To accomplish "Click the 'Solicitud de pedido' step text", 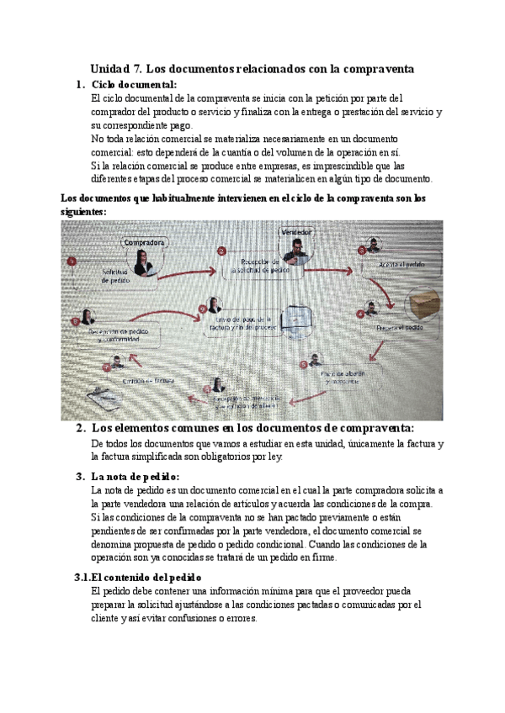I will tap(114, 276).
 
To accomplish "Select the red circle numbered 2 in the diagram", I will tap(221, 251).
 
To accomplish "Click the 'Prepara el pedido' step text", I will tap(400, 327).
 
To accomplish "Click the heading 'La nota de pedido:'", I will tap(138, 477).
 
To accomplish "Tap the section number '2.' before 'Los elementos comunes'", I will tap(81, 429).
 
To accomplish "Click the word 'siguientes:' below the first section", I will tap(84, 212).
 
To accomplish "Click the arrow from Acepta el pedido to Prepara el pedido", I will tap(389, 293).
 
